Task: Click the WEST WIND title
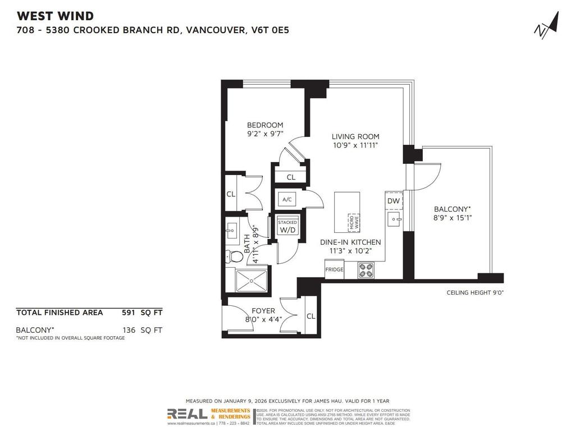pyautogui.click(x=55, y=16)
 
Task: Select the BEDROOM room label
pyautogui.click(x=266, y=125)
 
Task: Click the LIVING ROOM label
pyautogui.click(x=355, y=136)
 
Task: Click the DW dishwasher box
pyautogui.click(x=393, y=201)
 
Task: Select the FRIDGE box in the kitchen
pyautogui.click(x=334, y=269)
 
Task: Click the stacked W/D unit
pyautogui.click(x=287, y=227)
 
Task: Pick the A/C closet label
pyautogui.click(x=287, y=199)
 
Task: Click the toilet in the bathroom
pyautogui.click(x=235, y=256)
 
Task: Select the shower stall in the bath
pyautogui.click(x=251, y=281)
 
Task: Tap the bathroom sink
pyautogui.click(x=231, y=230)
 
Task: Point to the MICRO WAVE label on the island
pyautogui.click(x=353, y=221)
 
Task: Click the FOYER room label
pyautogui.click(x=263, y=310)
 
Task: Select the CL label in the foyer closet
pyautogui.click(x=311, y=317)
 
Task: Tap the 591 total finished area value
pyautogui.click(x=129, y=313)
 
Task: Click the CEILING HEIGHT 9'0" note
pyautogui.click(x=474, y=292)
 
